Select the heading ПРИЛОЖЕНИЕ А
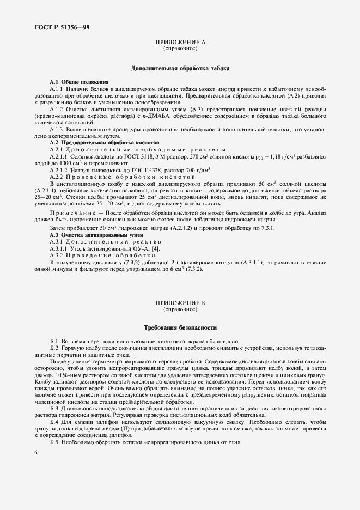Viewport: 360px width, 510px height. [180, 42]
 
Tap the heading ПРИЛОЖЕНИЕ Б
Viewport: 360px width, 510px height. [180, 302]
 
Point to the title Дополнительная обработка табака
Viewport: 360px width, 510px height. [180, 69]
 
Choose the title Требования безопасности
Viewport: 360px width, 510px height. [180, 329]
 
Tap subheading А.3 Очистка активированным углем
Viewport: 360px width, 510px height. [89, 234]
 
